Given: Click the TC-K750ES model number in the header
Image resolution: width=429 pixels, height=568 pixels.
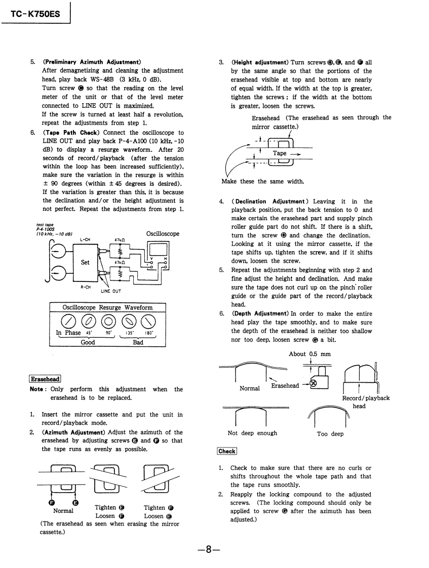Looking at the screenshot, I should click(34, 14).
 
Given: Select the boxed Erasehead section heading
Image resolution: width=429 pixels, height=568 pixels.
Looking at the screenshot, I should click(45, 379).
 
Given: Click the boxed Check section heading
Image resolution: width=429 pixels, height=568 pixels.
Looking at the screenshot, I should click(226, 452).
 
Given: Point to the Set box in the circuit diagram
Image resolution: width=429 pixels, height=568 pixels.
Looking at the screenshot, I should click(86, 262).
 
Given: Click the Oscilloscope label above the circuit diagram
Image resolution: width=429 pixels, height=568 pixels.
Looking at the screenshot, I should click(163, 234).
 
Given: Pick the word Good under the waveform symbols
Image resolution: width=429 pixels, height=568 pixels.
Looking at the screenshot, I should click(88, 342).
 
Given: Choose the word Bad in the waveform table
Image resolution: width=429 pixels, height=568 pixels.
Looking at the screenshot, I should click(138, 342).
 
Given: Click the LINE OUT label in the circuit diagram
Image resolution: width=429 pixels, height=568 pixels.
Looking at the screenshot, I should click(110, 291).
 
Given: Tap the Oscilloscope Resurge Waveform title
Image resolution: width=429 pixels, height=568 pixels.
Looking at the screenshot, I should click(107, 307).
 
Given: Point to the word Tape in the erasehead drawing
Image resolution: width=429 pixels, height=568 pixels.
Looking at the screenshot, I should click(280, 153).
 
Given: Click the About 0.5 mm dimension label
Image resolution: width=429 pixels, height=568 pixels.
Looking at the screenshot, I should click(309, 354).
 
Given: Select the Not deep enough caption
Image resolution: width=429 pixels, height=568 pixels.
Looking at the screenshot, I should click(252, 433).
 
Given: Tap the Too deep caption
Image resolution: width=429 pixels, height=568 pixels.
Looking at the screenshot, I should click(330, 434).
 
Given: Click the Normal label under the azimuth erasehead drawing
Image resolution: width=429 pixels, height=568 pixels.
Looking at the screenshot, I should click(64, 511).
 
